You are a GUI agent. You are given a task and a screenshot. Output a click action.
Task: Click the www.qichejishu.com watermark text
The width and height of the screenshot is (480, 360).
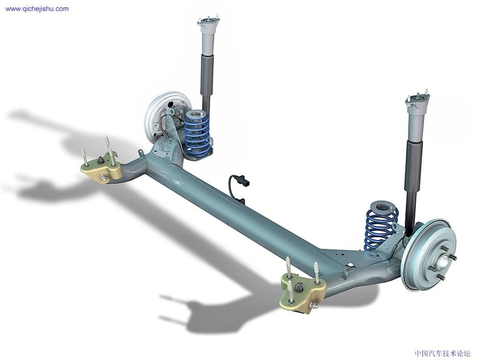click(x=37, y=9)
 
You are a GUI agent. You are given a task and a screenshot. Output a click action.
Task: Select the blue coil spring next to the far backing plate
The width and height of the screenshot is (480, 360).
click(x=197, y=133)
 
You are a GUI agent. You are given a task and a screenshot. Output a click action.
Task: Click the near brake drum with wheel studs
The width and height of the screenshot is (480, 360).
click(x=430, y=253)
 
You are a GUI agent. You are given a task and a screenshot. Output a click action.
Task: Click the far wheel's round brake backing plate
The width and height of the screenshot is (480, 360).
click(x=158, y=115)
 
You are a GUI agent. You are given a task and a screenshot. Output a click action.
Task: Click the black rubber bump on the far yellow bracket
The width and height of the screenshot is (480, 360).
click(x=101, y=160)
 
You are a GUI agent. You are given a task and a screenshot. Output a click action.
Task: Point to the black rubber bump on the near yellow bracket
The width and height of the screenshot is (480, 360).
click(x=299, y=287)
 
